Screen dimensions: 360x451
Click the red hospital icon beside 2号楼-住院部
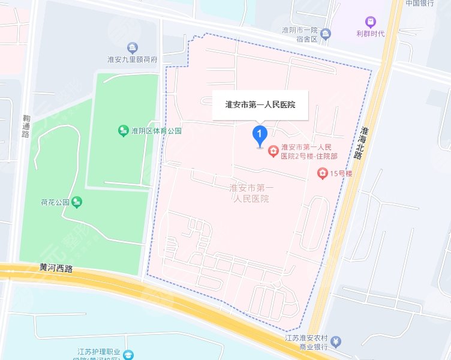[273, 151]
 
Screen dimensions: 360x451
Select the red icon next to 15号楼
[322, 174]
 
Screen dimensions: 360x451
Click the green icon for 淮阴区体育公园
[123, 130]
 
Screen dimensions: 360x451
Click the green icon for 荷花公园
[77, 202]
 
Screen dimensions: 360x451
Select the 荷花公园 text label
[55, 202]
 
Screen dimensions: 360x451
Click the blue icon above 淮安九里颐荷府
[132, 47]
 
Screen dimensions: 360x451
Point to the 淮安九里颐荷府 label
[132, 60]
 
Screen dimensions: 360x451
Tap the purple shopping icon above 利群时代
[370, 22]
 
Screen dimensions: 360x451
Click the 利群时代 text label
[370, 34]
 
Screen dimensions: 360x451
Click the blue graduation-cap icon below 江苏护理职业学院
[127, 356]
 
